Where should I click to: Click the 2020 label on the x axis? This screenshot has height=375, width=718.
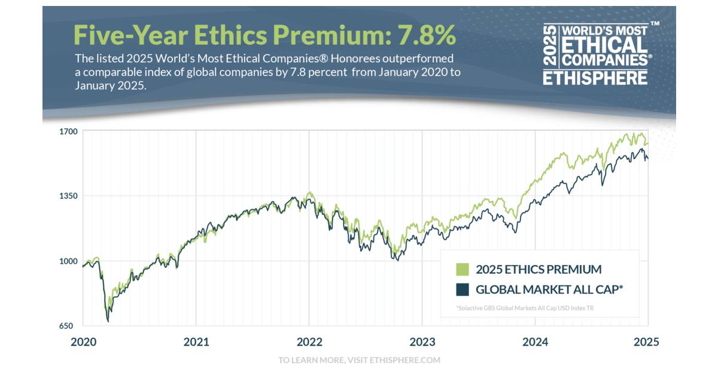coord(83,342)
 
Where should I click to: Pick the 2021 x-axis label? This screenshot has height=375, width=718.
coord(196,342)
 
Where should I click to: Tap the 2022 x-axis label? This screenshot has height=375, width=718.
coord(309,342)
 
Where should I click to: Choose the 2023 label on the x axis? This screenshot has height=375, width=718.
coord(422,342)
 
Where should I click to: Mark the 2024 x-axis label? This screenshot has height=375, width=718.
coord(536,342)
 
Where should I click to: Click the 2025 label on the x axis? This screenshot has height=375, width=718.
coord(646,342)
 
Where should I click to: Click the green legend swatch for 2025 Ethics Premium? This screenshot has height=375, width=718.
coord(462,269)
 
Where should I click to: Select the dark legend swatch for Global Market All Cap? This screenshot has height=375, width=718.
coord(462,289)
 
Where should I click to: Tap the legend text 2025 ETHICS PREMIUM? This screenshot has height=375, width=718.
coord(538,269)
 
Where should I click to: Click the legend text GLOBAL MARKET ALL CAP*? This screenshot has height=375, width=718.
coord(549,289)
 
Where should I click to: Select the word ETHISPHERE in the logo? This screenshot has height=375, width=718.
coord(595,78)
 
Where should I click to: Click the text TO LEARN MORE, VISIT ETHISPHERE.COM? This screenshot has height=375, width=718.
coord(359,360)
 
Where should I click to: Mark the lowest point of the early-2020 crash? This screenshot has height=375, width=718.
coord(108,321)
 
